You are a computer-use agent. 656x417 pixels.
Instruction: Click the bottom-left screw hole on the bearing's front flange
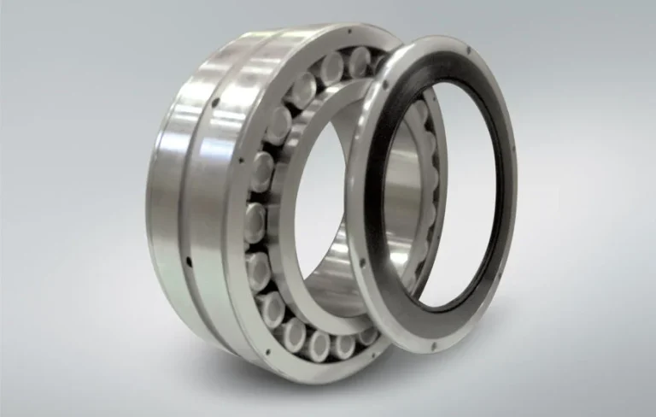266,349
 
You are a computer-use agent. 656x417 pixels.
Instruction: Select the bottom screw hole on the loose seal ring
432,345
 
